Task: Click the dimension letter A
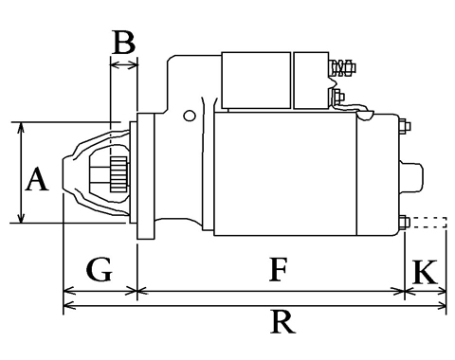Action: tap(37, 179)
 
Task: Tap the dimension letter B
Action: tap(124, 42)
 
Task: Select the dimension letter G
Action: tap(100, 269)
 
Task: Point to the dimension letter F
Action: tap(278, 269)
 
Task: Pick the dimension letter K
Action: tap(426, 272)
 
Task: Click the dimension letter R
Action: tap(282, 322)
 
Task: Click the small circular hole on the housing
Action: tap(190, 116)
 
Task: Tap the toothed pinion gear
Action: tap(118, 174)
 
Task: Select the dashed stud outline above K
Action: tap(428, 223)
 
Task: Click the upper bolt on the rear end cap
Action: tap(405, 126)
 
